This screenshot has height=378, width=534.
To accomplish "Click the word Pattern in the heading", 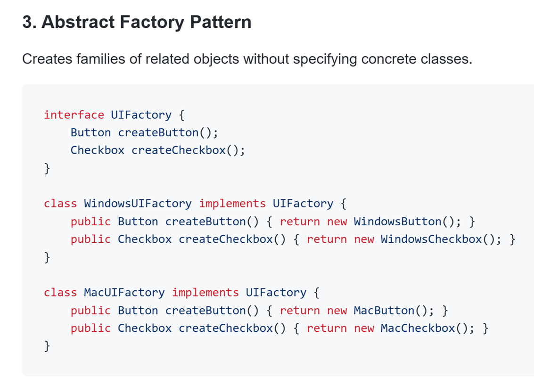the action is pyautogui.click(x=221, y=22).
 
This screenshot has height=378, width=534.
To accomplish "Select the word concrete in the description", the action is pyautogui.click(x=389, y=59).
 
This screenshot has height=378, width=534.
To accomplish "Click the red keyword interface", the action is pyautogui.click(x=74, y=115).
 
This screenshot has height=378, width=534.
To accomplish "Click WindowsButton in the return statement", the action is pyautogui.click(x=398, y=222).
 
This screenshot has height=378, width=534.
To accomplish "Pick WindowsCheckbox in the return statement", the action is pyautogui.click(x=432, y=239).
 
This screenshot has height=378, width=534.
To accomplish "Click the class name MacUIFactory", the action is pyautogui.click(x=124, y=293).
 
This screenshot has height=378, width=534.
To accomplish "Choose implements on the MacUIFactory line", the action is pyautogui.click(x=205, y=293).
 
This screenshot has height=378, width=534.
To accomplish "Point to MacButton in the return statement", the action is pyautogui.click(x=384, y=311).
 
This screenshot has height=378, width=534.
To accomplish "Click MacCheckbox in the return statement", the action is pyautogui.click(x=418, y=329).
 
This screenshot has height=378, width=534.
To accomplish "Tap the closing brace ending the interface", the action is pyautogui.click(x=47, y=168).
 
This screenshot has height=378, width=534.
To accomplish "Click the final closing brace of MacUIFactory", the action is pyautogui.click(x=47, y=346).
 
